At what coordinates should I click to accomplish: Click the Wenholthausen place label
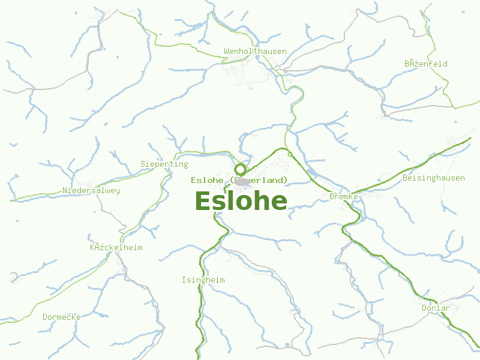(x=255, y=51)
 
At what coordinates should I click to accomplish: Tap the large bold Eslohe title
(x=241, y=201)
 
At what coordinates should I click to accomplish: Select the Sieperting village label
(x=164, y=164)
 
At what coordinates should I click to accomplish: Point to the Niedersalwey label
(x=91, y=191)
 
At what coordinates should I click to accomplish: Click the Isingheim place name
(x=203, y=280)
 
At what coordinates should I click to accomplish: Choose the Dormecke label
(x=62, y=317)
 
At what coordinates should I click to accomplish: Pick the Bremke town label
(x=344, y=196)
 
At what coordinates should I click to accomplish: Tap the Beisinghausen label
(x=434, y=178)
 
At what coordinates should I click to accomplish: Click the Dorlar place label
(x=436, y=308)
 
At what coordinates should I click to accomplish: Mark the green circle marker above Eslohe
(x=241, y=169)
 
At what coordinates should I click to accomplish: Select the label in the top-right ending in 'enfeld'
(x=425, y=64)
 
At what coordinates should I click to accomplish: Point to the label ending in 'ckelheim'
(x=116, y=247)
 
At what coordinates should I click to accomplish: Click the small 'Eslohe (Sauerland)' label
(x=239, y=180)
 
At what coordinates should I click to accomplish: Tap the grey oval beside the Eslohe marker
(x=242, y=181)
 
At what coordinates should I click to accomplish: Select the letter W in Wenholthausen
(x=226, y=51)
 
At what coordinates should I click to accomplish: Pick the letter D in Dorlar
(x=424, y=308)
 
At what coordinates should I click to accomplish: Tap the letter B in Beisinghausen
(x=406, y=178)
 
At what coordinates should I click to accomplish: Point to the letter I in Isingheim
(x=184, y=280)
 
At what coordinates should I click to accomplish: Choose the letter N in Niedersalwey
(x=65, y=191)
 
